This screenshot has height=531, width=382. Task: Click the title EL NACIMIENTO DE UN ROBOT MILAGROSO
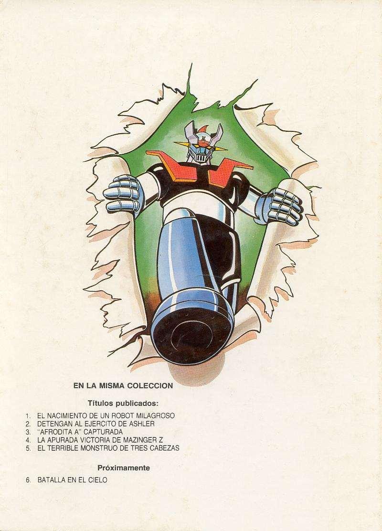coord(106,415)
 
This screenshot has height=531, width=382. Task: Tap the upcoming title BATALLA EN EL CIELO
coord(72,480)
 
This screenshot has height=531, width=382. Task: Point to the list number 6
coord(28,480)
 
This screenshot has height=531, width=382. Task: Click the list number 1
coord(28,415)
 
